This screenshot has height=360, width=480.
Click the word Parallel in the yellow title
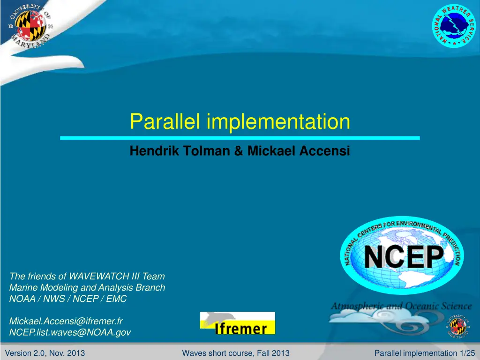(165, 121)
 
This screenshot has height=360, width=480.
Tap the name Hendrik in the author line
(154, 150)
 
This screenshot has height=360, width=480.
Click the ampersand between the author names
(239, 150)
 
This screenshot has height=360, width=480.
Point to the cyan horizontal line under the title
(240, 138)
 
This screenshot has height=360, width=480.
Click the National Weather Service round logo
(454, 25)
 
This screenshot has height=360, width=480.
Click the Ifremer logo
(238, 323)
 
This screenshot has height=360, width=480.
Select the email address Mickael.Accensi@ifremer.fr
(66, 321)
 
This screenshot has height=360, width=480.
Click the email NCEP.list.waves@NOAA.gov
(70, 332)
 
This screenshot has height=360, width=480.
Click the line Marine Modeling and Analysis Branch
(87, 287)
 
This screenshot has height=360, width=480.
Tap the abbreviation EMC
(116, 299)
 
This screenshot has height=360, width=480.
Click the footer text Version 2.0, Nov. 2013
(45, 353)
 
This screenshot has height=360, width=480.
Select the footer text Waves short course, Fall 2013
(236, 353)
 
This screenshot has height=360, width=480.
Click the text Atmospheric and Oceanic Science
(401, 306)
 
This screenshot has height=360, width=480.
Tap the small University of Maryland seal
(457, 326)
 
